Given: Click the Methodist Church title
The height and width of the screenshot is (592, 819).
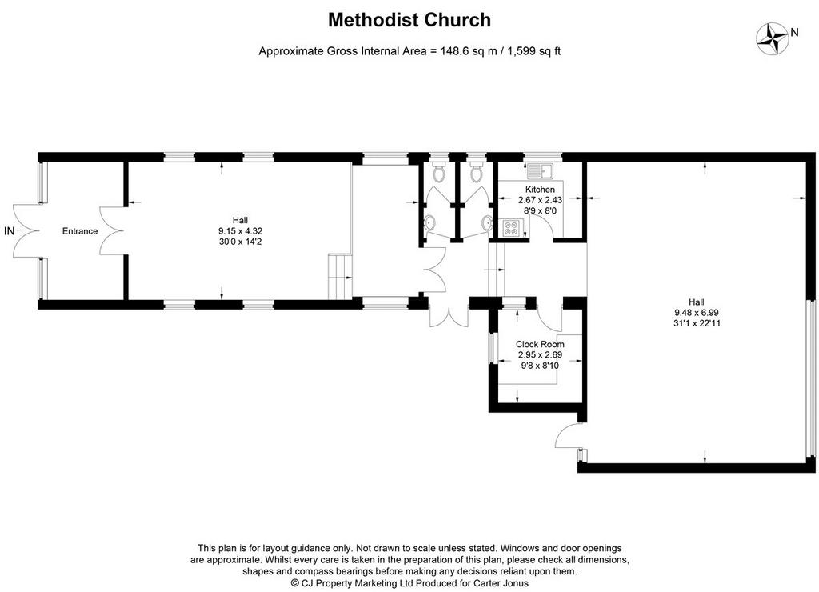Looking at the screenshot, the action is click(x=409, y=20).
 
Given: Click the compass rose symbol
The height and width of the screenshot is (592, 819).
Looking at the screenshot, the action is click(x=773, y=38).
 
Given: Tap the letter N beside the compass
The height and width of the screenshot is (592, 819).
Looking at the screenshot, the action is click(x=794, y=32).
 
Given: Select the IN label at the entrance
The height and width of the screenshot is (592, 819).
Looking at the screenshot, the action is click(x=9, y=231).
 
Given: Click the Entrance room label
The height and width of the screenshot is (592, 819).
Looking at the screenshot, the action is click(x=80, y=231).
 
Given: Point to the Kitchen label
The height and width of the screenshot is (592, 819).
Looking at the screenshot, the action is click(x=540, y=189).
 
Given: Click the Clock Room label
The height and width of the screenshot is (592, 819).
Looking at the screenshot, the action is click(x=540, y=344).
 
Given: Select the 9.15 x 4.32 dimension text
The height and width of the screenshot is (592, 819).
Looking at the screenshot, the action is click(x=240, y=231).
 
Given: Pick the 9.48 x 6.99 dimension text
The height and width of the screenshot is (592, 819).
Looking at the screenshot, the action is click(x=697, y=313).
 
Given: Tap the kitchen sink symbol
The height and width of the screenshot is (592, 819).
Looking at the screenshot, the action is click(x=541, y=171).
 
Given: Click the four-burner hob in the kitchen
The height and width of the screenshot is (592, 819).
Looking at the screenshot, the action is click(x=511, y=228).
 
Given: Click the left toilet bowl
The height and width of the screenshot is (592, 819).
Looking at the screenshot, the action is click(x=439, y=172).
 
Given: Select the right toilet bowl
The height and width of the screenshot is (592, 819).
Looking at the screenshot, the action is click(x=477, y=172).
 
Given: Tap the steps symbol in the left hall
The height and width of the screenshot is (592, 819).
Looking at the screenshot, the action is click(x=340, y=277).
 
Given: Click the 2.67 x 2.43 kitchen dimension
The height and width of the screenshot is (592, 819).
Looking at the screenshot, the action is click(x=540, y=199).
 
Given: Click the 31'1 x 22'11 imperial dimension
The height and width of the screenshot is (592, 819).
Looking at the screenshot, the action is click(x=697, y=323).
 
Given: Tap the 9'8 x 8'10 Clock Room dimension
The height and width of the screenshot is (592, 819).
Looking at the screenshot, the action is click(x=540, y=366).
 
